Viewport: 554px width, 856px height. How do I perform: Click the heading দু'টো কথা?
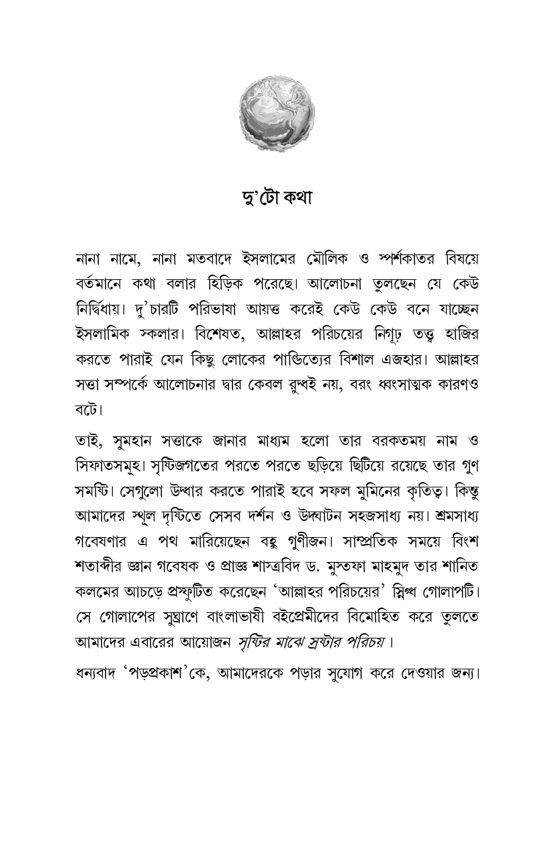(x=277, y=199)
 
